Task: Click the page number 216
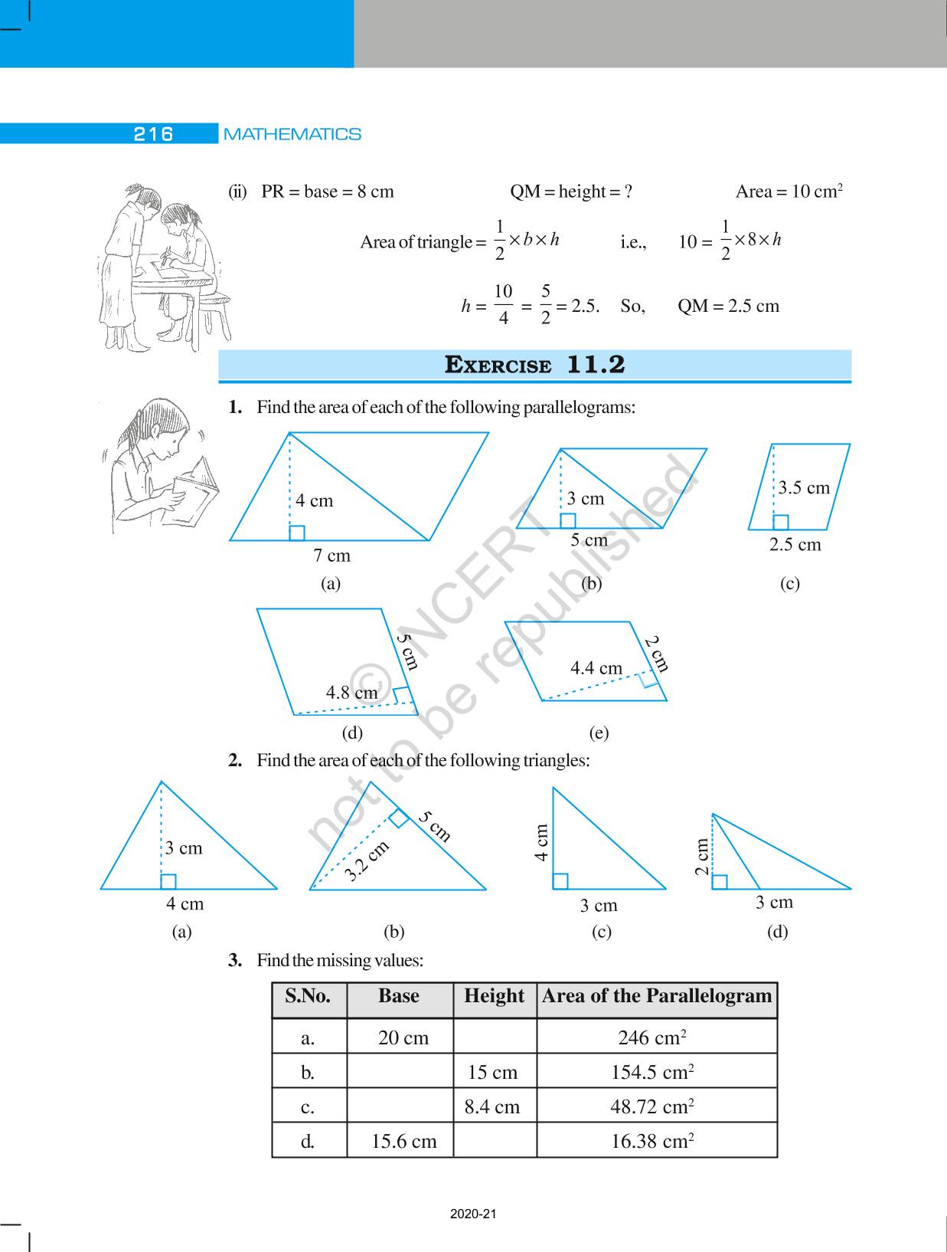tap(153, 134)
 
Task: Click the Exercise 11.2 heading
tap(534, 365)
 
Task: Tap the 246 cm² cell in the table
tap(651, 1037)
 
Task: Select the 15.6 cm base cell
tap(403, 1141)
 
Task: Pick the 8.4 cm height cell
tap(492, 1106)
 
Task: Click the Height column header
tap(494, 996)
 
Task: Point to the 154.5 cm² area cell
tap(652, 1072)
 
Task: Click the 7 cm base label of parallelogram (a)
tap(331, 556)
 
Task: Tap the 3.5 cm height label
tap(804, 487)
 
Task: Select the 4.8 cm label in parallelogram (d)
tap(352, 693)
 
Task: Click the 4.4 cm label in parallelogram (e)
tap(596, 668)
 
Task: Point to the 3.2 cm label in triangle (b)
tap(367, 860)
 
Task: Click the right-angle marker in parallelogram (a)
tap(297, 533)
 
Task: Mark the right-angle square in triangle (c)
tap(560, 881)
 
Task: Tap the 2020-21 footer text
tap(473, 1214)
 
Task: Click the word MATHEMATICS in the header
tap(292, 134)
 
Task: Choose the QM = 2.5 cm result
tap(728, 306)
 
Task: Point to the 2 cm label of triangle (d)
tap(702, 855)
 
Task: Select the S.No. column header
tap(308, 996)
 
